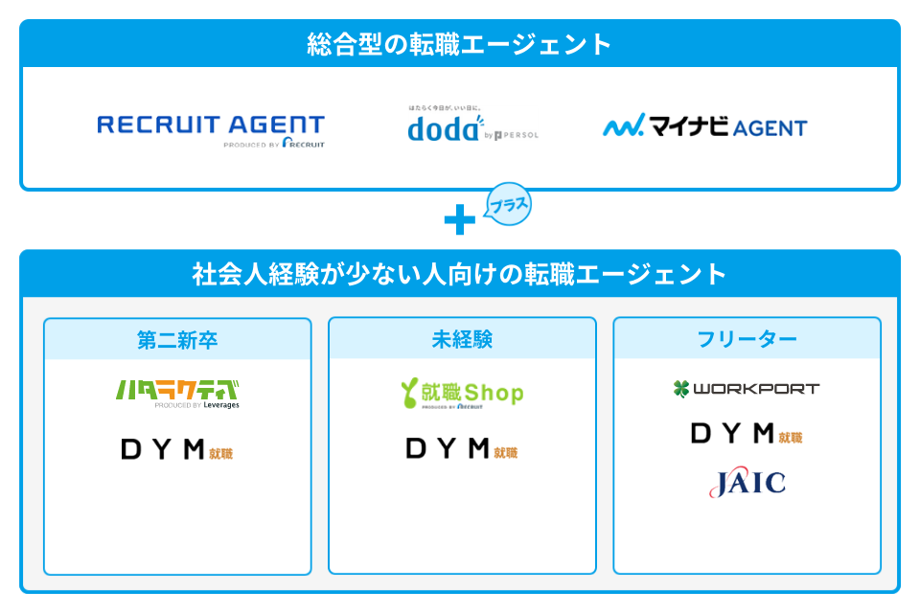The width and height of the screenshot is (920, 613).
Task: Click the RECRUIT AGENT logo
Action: tap(211, 127)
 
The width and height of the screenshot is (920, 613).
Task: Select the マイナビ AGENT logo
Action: tap(705, 126)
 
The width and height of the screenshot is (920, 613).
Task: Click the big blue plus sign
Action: tap(460, 221)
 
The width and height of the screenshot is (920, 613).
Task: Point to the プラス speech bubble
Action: tap(508, 204)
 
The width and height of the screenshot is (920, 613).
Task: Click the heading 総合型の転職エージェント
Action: tap(460, 44)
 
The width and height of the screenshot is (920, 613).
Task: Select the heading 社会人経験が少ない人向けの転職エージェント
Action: tap(460, 275)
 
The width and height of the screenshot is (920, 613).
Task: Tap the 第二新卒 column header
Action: tap(177, 340)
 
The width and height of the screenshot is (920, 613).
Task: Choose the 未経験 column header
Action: tap(462, 340)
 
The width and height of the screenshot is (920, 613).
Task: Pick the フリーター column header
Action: tap(747, 340)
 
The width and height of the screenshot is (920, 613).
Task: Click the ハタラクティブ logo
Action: tap(177, 393)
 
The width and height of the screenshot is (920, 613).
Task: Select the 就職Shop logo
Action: tap(462, 393)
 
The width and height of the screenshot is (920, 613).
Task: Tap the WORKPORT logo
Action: tap(747, 389)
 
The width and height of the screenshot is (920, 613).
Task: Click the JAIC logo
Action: tap(747, 483)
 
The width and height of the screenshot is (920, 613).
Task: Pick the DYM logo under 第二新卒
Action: tap(177, 449)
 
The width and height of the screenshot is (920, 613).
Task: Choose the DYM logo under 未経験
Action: tap(462, 449)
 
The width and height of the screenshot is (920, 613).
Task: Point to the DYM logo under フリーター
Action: tap(747, 434)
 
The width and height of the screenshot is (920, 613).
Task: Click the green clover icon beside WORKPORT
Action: tap(681, 389)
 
